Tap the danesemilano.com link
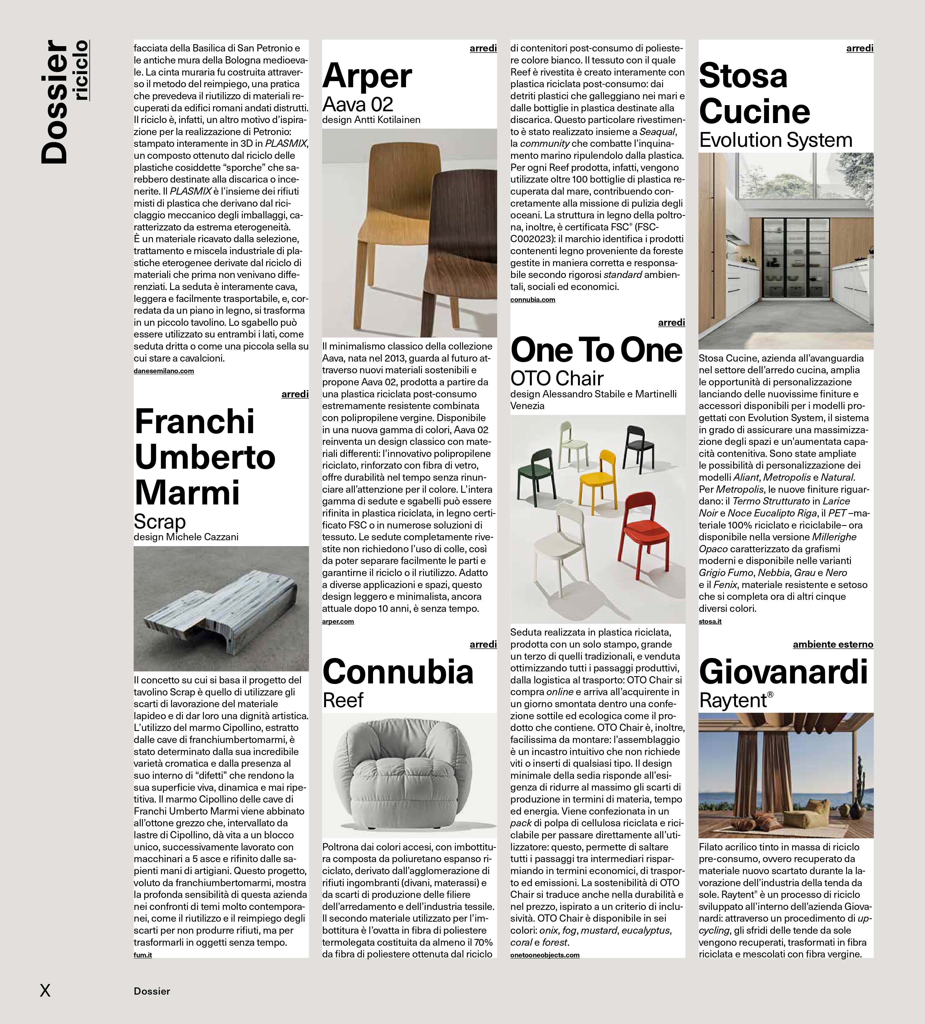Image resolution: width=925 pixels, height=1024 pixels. pos(164,371)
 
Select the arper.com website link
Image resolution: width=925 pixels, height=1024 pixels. pos(338,621)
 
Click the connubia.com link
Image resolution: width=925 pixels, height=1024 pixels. pos(532,300)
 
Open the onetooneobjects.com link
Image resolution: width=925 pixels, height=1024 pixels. pos(544,955)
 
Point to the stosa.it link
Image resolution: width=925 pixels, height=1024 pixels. pos(710,621)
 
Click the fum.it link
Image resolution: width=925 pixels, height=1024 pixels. pos(143,955)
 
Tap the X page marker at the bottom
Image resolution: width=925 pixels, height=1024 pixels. pos(45,990)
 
